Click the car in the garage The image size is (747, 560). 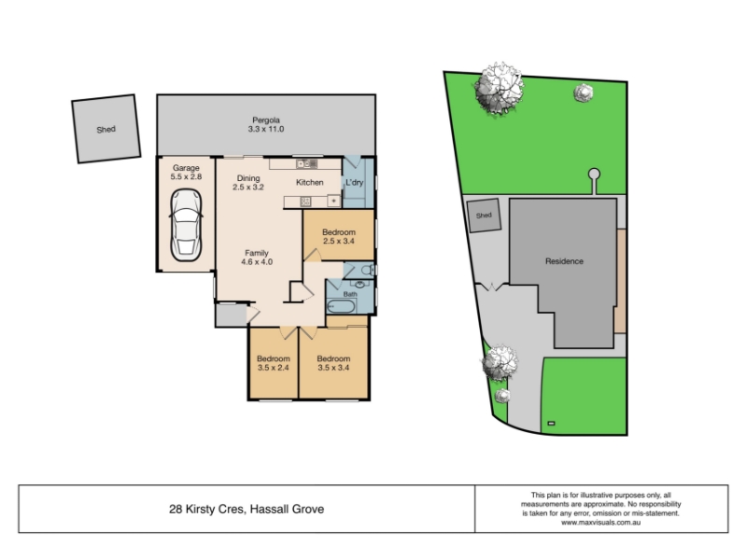(186, 225)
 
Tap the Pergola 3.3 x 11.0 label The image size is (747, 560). (266, 125)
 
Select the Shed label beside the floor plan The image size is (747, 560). (106, 129)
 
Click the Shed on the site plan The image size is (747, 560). (484, 216)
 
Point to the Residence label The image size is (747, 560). (564, 261)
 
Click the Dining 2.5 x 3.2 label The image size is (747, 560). (248, 182)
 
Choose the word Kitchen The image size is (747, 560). (310, 182)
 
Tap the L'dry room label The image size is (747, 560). (355, 182)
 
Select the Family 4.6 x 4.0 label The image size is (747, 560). (257, 258)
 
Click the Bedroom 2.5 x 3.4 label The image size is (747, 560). (339, 236)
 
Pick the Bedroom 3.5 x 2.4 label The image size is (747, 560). (274, 363)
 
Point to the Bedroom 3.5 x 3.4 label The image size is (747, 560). (333, 363)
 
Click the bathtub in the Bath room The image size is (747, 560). (341, 306)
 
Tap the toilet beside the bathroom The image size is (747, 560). (367, 271)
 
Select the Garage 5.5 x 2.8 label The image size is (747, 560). (186, 172)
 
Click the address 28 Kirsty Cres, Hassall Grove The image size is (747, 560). (247, 509)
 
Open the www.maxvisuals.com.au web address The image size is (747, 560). (600, 523)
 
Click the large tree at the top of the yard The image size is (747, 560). (500, 89)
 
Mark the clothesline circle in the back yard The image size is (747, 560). (594, 175)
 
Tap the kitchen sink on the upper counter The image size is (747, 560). (307, 164)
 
